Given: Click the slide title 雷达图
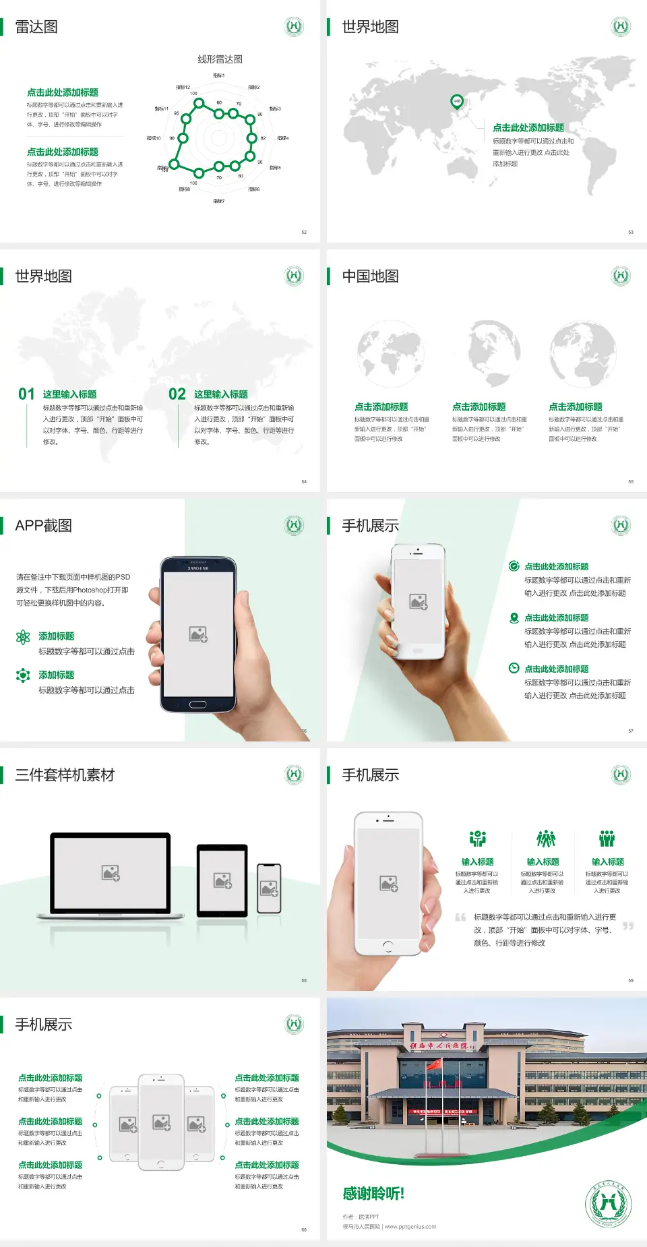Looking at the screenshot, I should pos(36,27).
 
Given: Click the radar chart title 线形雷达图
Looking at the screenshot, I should pos(220,59).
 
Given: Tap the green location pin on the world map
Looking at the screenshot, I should pos(456,102).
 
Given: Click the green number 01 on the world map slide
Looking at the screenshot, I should pos(26,394).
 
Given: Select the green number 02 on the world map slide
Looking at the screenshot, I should pos(177,394).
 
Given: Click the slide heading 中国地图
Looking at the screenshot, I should pos(370,276).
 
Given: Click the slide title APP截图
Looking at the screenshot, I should pos(43,526).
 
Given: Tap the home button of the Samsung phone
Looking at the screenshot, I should pos(197,704).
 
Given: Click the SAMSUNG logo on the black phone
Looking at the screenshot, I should pos(198,568).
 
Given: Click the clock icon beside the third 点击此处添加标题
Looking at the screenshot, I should pos(514,668).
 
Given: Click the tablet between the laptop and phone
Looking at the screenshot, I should pos(222,880).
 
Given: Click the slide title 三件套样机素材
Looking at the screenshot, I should pos(65,775).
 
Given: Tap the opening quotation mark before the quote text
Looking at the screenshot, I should pos(460,917).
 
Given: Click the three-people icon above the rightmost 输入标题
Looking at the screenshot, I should pos(607,839).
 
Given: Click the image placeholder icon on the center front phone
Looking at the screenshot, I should pos(161,1122).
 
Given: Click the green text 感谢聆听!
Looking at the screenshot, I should pos(373,1194).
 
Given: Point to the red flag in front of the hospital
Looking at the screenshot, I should pos(435,1064).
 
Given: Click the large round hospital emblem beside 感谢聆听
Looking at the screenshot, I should pos(607,1204).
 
